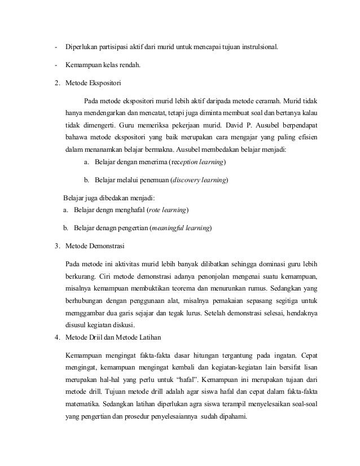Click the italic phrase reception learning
(x=199, y=162)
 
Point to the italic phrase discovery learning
(x=200, y=181)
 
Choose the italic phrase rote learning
(x=168, y=210)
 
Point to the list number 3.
(x=56, y=247)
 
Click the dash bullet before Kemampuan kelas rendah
(x=56, y=64)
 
